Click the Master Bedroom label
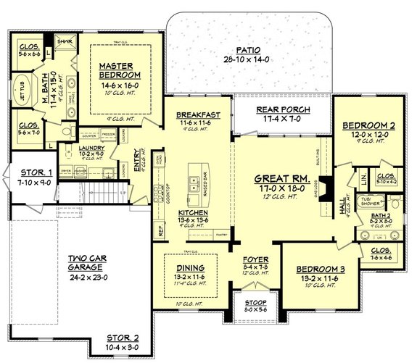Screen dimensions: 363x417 point(120,71)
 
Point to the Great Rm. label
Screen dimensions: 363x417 point(283,178)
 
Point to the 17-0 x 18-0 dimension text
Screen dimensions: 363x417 point(283,187)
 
